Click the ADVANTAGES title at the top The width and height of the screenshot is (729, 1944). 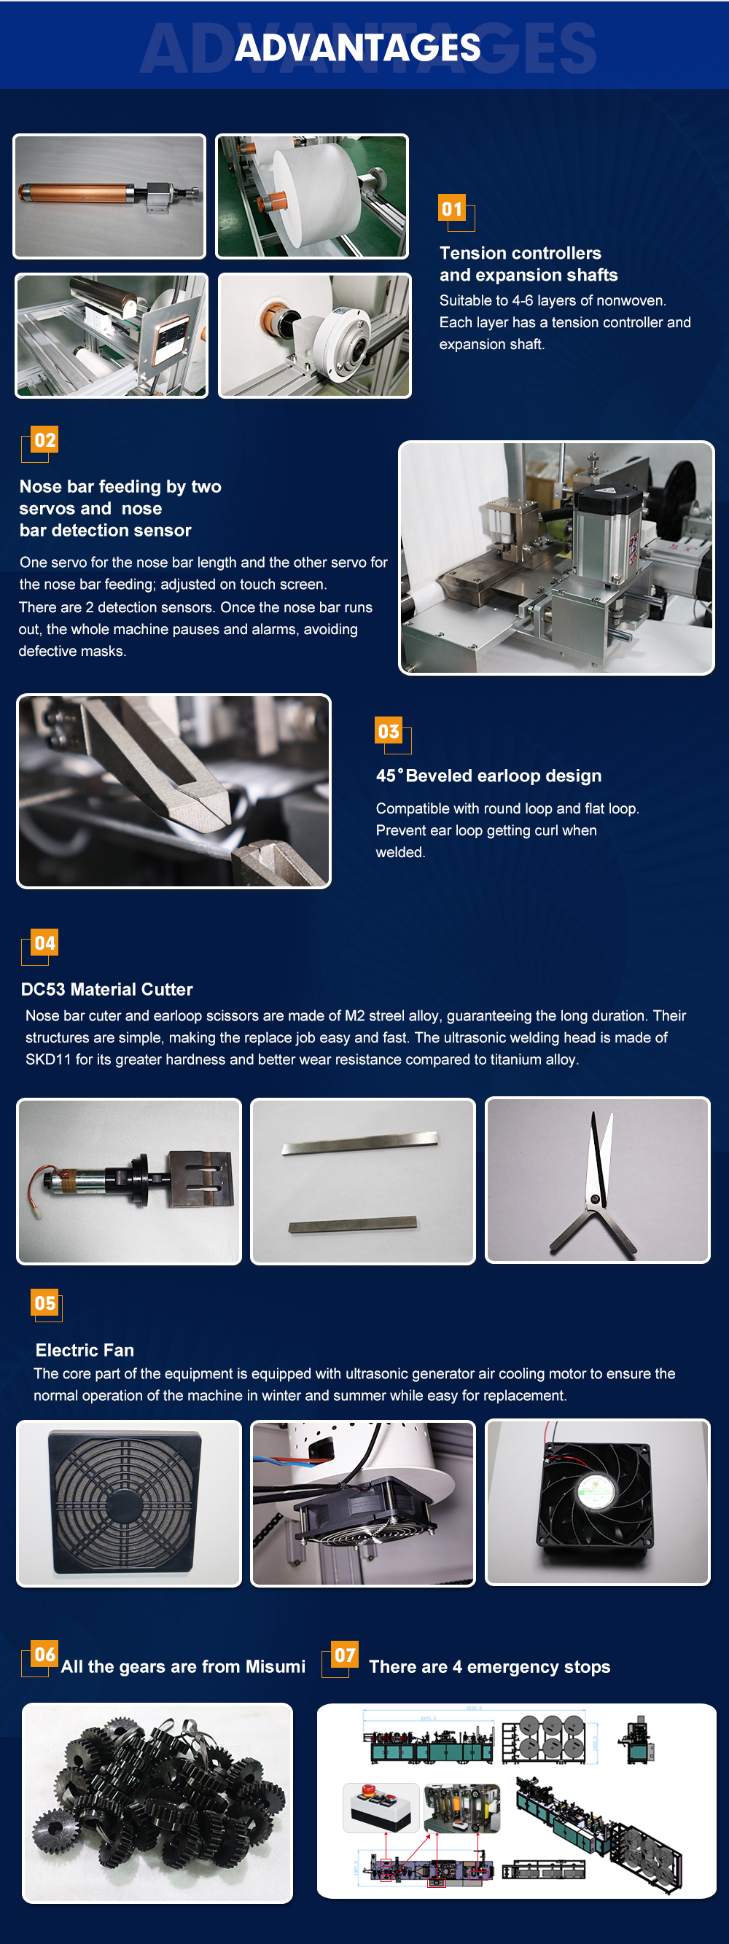click(x=358, y=47)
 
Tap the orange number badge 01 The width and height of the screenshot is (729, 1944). click(x=452, y=208)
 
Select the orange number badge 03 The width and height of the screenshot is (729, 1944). click(x=389, y=731)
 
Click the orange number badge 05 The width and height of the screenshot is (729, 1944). click(x=45, y=1303)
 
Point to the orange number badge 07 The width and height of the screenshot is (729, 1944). click(x=345, y=1655)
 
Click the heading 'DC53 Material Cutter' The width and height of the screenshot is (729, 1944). click(x=106, y=989)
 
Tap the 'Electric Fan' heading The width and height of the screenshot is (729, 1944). click(x=85, y=1350)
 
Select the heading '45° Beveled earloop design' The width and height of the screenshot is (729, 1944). click(x=489, y=776)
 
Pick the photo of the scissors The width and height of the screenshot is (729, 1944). click(x=598, y=1180)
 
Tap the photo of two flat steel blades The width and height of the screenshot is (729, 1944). click(x=363, y=1181)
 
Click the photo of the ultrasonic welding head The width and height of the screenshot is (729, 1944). click(x=129, y=1181)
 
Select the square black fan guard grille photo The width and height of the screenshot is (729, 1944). click(x=129, y=1503)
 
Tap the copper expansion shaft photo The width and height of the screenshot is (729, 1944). click(x=109, y=196)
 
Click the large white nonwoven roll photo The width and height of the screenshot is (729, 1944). click(x=312, y=196)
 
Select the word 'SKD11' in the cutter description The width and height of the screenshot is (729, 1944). click(x=48, y=1060)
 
